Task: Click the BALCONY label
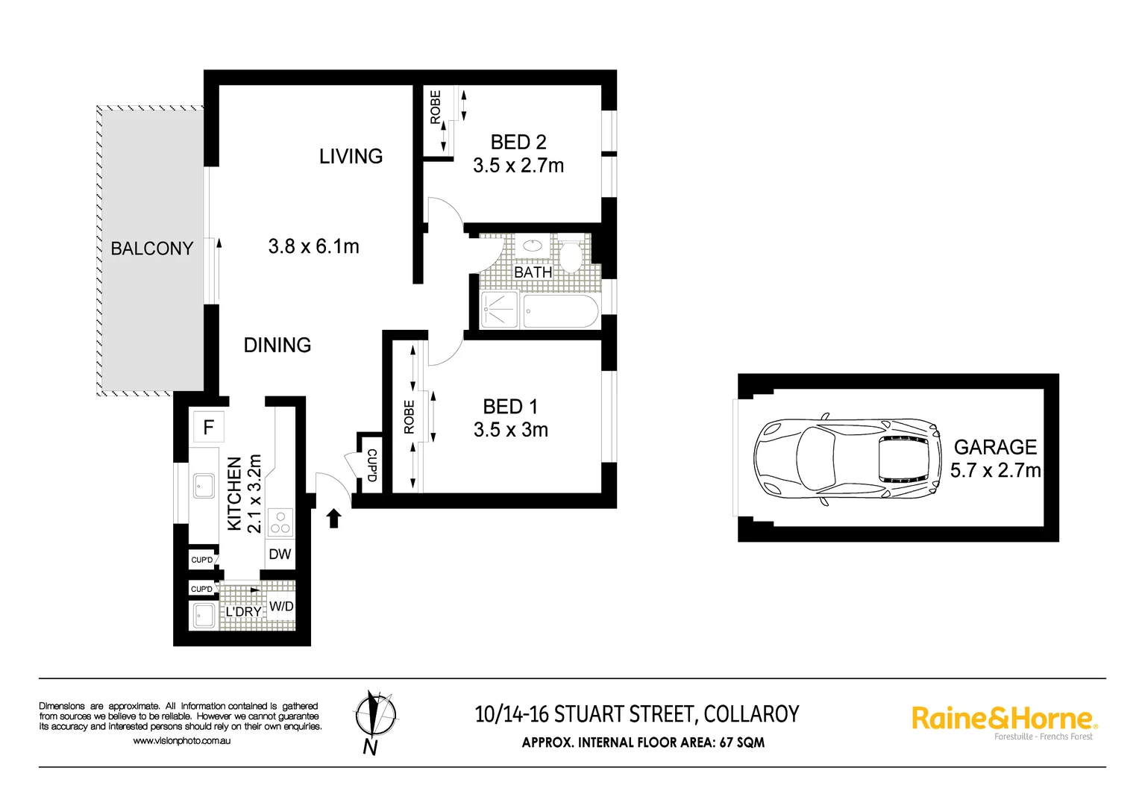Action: pyautogui.click(x=151, y=249)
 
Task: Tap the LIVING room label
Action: pyautogui.click(x=351, y=157)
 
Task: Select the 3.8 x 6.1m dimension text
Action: pyautogui.click(x=313, y=246)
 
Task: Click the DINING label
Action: pyautogui.click(x=277, y=345)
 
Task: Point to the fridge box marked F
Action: pyautogui.click(x=208, y=427)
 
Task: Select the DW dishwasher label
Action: pyautogui.click(x=280, y=554)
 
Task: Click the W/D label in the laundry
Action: pyautogui.click(x=281, y=606)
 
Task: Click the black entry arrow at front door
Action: pyautogui.click(x=333, y=518)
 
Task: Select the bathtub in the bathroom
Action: pyautogui.click(x=560, y=311)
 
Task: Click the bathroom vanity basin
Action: pyautogui.click(x=533, y=246)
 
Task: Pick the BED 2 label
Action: pyautogui.click(x=518, y=142)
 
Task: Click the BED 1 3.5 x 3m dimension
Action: pyautogui.click(x=511, y=430)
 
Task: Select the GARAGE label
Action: pyautogui.click(x=995, y=447)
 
